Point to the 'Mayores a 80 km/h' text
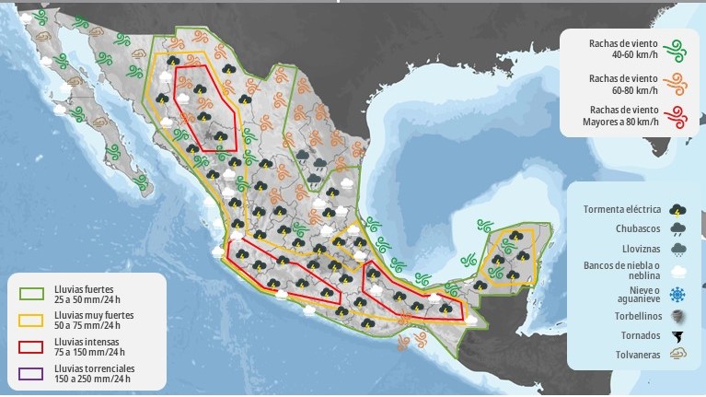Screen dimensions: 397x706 click(621, 122)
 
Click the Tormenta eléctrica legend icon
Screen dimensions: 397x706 click(678, 209)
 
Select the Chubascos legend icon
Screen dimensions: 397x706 click(678, 229)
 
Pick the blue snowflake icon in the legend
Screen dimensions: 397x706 click(678, 294)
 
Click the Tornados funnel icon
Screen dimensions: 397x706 click(678, 336)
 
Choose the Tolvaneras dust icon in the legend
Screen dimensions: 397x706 click(678, 355)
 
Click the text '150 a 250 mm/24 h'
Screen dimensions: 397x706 click(87, 379)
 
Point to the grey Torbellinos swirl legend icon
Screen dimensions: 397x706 click(678, 315)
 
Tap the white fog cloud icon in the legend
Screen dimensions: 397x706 click(678, 272)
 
